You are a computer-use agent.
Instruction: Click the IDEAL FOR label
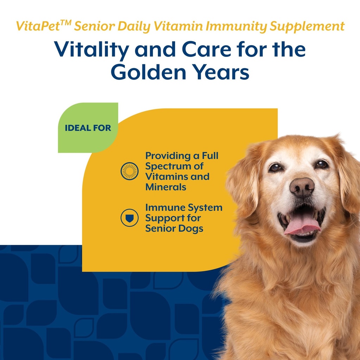pos(88,128)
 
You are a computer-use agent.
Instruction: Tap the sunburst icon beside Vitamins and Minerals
pos(129,171)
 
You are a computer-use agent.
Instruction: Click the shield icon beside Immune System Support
pos(129,218)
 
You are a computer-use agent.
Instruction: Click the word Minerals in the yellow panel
pos(166,187)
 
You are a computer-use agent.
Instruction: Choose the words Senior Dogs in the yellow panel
pos(174,229)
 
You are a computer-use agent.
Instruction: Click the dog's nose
pos(302,186)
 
